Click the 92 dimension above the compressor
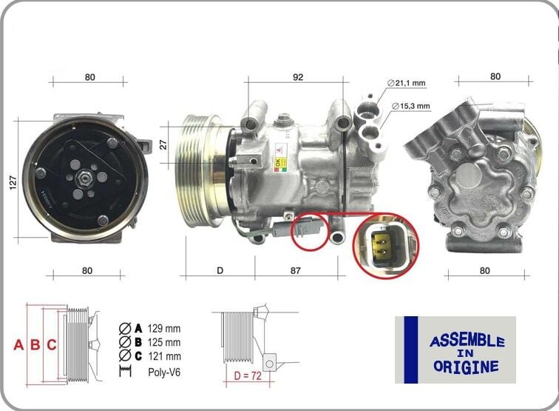coord(298,77)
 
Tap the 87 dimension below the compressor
coord(296,271)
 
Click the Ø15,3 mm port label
coord(411,106)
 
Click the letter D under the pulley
coord(220,271)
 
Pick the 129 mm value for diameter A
coord(163,328)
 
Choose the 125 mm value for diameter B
coord(163,342)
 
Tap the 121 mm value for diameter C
coord(163,356)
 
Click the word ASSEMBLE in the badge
coord(467,341)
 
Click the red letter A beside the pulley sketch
coord(19,344)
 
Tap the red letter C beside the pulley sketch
coord(52,344)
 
